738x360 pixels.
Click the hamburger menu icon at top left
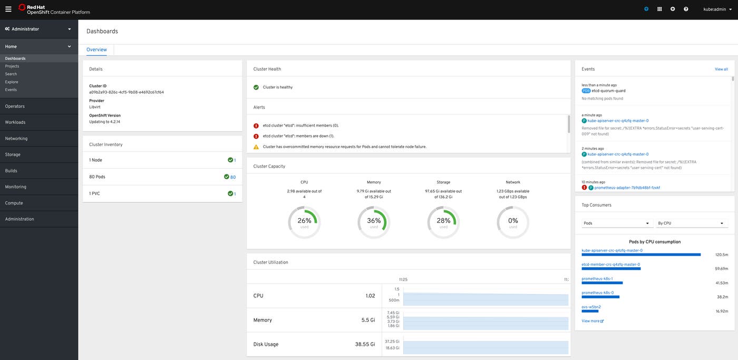point(8,9)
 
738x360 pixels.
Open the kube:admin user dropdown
point(717,9)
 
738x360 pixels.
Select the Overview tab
point(96,50)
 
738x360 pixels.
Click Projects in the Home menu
point(12,66)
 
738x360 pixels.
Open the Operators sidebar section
point(15,106)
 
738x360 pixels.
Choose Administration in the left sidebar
point(20,219)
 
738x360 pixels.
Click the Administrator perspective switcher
point(38,29)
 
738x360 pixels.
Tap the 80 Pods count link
point(232,177)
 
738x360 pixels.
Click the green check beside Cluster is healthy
point(256,87)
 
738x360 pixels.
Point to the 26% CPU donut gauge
point(304,222)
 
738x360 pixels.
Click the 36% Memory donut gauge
point(374,222)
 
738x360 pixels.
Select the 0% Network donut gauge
point(513,222)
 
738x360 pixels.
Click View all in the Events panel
point(721,69)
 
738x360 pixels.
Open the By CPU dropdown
point(691,223)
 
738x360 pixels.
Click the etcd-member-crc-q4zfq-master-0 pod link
point(610,265)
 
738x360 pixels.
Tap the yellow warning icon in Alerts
point(256,147)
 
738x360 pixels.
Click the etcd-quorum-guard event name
point(608,91)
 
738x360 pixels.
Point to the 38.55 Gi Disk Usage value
point(365,344)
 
